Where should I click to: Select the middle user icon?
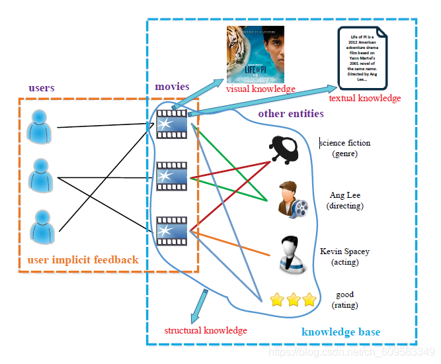click(41, 175)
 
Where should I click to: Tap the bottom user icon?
click(42, 225)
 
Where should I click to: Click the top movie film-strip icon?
click(171, 124)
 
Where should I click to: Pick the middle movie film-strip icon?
click(171, 177)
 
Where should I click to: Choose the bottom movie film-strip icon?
click(171, 231)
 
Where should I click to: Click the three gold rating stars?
click(293, 300)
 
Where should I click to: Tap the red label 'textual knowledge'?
click(364, 99)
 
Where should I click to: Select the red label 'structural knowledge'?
click(206, 330)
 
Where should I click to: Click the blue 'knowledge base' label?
click(341, 332)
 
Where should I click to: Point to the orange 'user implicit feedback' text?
click(83, 259)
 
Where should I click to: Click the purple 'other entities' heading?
click(290, 113)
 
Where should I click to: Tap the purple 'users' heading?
click(42, 87)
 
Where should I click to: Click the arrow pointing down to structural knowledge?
click(199, 305)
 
